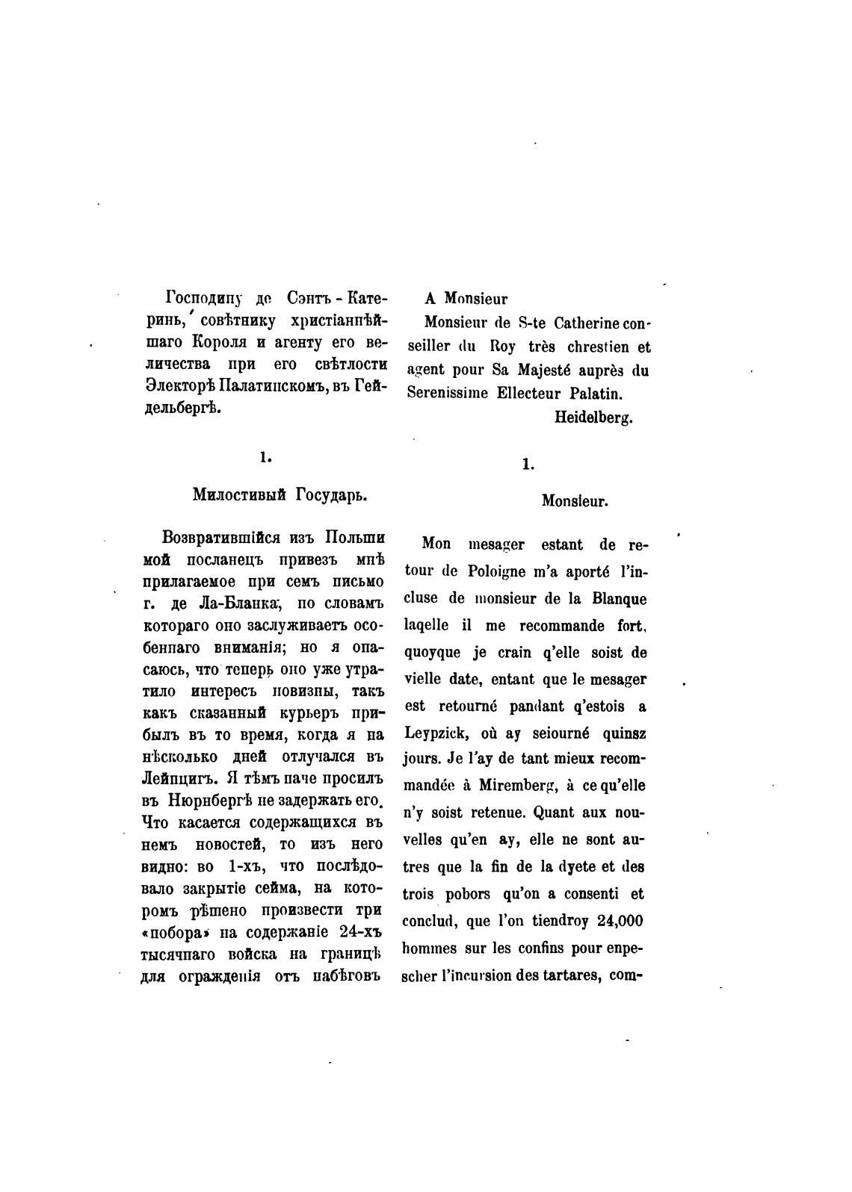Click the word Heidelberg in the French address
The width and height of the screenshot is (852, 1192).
click(593, 418)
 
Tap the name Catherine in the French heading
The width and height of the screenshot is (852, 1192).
click(586, 323)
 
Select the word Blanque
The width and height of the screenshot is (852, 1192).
click(620, 599)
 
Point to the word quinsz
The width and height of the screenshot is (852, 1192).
click(621, 733)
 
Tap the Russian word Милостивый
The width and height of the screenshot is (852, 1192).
click(238, 495)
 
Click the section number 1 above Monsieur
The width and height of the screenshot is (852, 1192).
click(528, 465)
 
